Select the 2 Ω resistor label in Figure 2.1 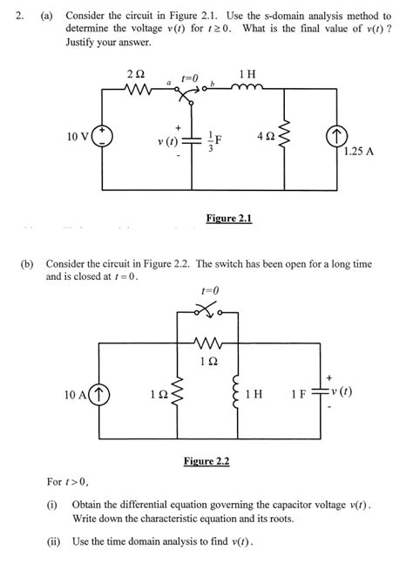pyautogui.click(x=135, y=72)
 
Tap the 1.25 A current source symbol pyautogui.click(x=335, y=137)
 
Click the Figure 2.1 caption pyautogui.click(x=229, y=218)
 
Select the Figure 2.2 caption pyautogui.click(x=206, y=460)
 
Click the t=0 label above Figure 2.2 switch pyautogui.click(x=209, y=290)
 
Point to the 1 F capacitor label pyautogui.click(x=299, y=394)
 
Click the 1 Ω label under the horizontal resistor pyautogui.click(x=207, y=360)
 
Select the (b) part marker pyautogui.click(x=26, y=262)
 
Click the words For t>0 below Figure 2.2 pyautogui.click(x=67, y=481)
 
